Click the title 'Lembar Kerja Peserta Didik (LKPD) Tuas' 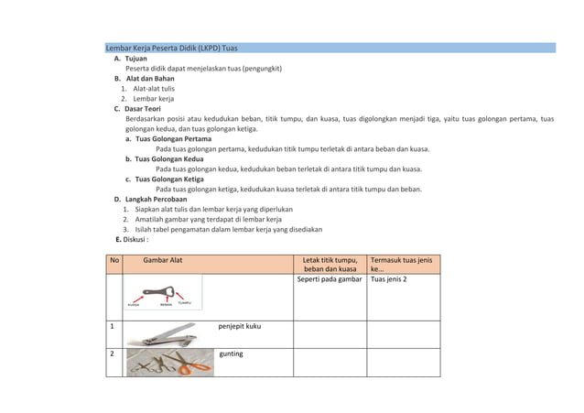[172, 48]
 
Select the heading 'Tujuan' [136, 59]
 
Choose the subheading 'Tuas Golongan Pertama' [173, 139]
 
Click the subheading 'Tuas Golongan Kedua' [169, 158]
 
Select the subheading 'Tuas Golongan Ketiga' [170, 179]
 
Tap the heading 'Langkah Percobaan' [157, 199]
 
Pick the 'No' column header [114, 260]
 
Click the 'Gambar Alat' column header [162, 260]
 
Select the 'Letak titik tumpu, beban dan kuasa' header [330, 265]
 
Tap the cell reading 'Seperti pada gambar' [330, 279]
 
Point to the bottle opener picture [163, 294]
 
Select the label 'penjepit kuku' [239, 325]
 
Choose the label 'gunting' [231, 353]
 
